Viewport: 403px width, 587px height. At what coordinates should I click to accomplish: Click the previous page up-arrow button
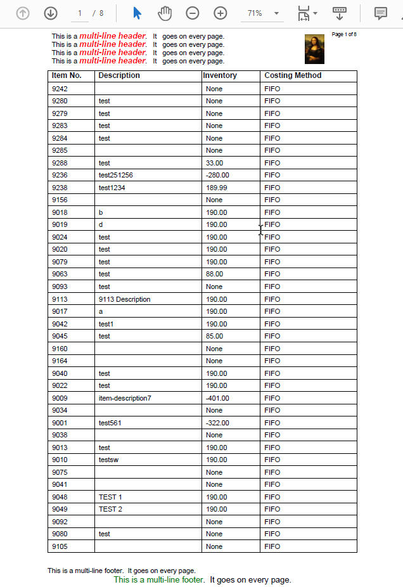pos(23,13)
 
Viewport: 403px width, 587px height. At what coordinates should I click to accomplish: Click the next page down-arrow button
pos(51,13)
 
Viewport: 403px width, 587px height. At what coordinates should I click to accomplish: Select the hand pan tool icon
pos(165,13)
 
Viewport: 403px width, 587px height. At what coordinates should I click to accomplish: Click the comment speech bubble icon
pos(380,13)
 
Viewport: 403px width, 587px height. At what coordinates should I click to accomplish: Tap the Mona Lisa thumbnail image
pos(315,49)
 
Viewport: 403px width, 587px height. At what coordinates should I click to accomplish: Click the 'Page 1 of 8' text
pos(344,34)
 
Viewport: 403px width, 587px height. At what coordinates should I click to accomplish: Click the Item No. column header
pos(67,75)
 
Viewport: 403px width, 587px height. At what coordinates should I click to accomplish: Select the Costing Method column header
pos(293,75)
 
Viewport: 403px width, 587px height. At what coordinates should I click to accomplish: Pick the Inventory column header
pos(220,75)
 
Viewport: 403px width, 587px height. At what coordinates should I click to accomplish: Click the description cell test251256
pos(116,175)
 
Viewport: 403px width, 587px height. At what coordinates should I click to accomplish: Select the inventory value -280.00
pos(217,175)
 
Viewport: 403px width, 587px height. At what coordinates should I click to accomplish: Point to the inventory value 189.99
pos(217,188)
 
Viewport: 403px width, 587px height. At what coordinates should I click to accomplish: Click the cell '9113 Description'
pos(125,299)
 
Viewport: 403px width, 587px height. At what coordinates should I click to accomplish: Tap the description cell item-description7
pos(125,398)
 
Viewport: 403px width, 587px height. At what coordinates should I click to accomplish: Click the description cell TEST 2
pos(111,509)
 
